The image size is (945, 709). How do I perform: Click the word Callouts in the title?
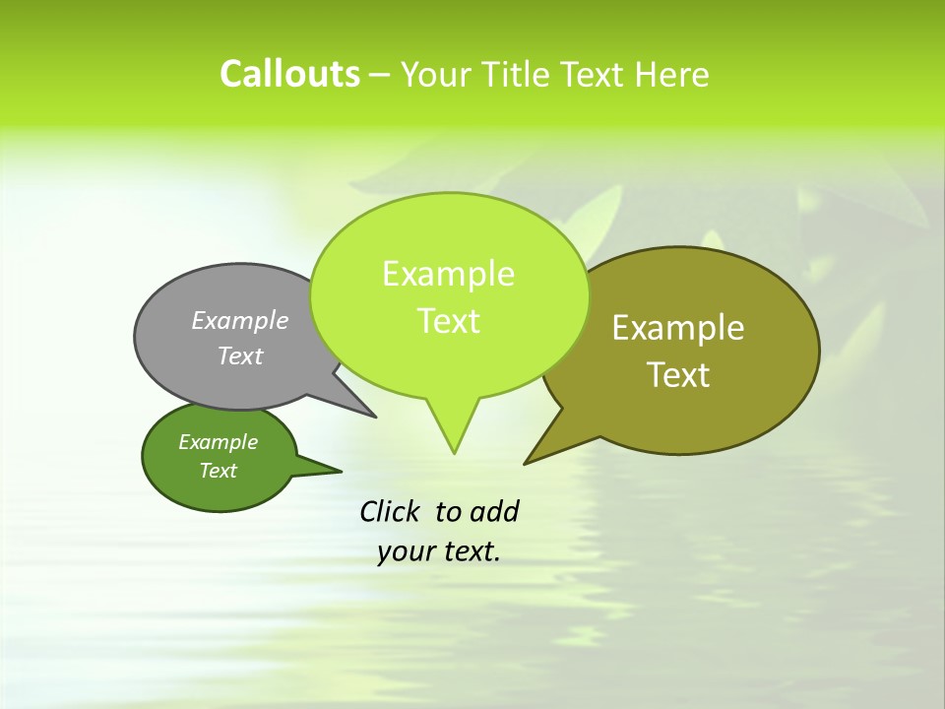pos(289,74)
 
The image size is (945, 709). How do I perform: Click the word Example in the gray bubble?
pos(239,321)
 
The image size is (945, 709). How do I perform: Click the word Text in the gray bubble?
pos(239,356)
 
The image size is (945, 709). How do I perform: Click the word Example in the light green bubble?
pos(448,274)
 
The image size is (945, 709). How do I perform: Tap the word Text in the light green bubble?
pos(448,321)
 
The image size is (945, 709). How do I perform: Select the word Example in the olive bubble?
pos(678,328)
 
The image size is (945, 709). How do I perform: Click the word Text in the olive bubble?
pos(678,375)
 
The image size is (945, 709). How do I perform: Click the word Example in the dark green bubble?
pos(218,442)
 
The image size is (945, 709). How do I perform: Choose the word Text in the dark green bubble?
pos(218,471)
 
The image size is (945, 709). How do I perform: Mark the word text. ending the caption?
pos(469,552)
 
